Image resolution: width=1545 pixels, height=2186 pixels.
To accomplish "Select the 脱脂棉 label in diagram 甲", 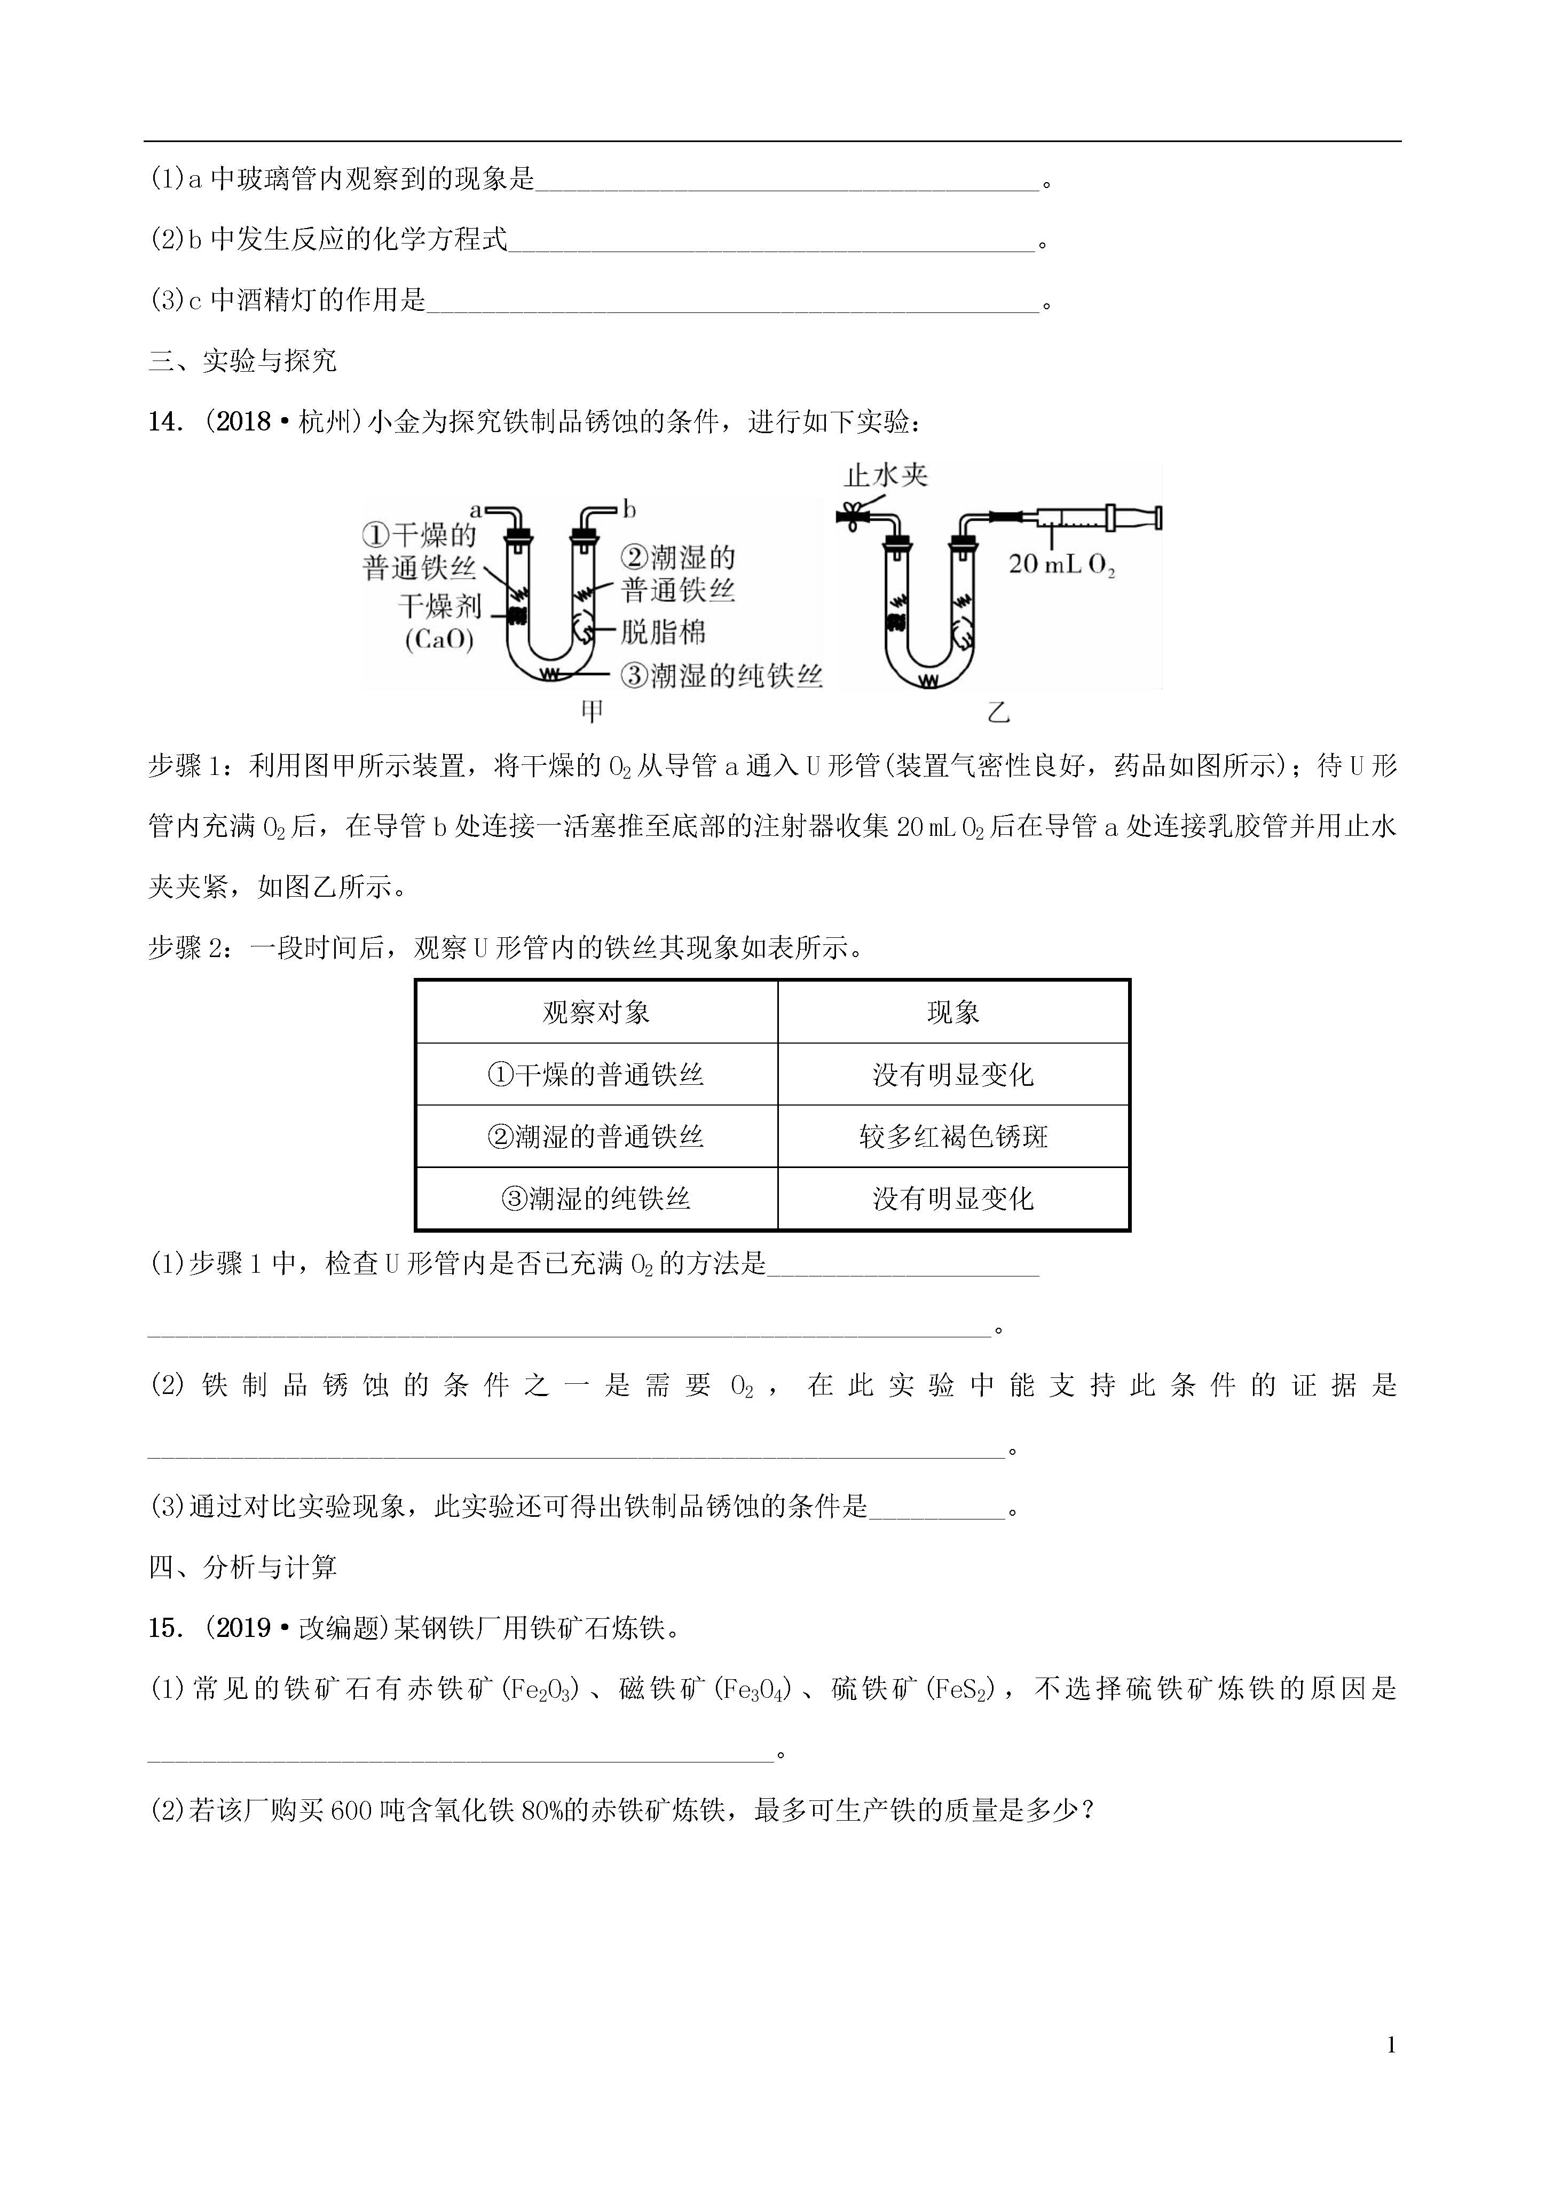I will tap(664, 632).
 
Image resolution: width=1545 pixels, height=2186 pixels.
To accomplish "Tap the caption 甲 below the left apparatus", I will tap(592, 711).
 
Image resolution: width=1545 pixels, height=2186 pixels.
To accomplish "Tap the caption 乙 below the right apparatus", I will tap(998, 711).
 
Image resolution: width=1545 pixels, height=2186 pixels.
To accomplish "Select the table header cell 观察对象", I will tap(596, 1012).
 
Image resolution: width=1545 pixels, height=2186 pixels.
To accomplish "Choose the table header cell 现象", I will tap(953, 1012).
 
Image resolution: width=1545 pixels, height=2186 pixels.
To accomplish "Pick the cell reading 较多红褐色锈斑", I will tap(953, 1136).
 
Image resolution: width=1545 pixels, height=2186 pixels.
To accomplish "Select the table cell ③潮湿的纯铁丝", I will tap(596, 1198).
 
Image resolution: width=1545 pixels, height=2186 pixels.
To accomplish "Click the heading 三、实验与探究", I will tap(243, 361).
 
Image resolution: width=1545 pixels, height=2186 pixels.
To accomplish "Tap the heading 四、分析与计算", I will tap(243, 1567).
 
